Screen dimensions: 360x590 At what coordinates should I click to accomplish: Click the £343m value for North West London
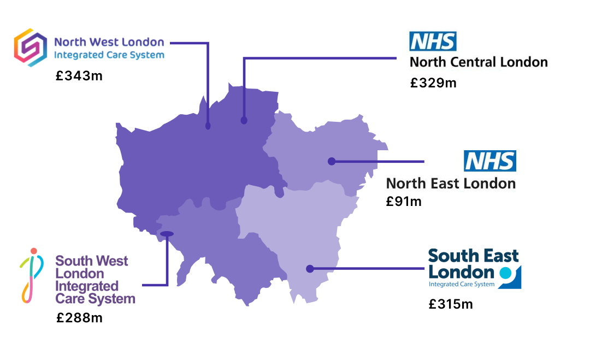[79, 76]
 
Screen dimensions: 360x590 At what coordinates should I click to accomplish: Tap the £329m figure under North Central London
[433, 83]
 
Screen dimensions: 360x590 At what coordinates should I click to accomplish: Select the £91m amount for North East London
[404, 202]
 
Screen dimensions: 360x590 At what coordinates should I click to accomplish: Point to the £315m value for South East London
[451, 304]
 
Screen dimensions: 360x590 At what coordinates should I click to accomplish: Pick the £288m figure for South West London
[79, 317]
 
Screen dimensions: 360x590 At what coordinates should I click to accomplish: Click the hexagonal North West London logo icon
[30, 48]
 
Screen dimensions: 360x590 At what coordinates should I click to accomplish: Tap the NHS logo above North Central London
[433, 42]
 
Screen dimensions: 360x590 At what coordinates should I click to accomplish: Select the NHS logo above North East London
[489, 161]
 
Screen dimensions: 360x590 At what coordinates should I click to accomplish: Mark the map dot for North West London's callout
[208, 126]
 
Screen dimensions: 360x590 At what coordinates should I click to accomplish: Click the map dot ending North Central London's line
[244, 120]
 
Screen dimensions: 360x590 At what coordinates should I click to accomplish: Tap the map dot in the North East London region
[331, 161]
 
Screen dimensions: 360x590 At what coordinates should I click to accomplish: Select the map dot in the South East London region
[310, 269]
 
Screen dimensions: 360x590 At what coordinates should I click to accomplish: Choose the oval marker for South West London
[167, 234]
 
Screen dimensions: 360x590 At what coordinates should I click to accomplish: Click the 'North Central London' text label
[479, 62]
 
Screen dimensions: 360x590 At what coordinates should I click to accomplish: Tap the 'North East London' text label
[451, 183]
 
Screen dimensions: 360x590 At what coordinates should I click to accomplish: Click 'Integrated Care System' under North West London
[109, 55]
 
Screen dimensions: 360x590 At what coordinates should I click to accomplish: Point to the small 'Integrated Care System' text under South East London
[462, 284]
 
